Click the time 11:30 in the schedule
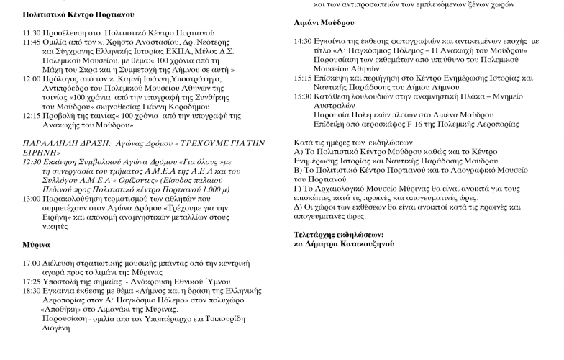pyautogui.click(x=32, y=33)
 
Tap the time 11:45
pyautogui.click(x=32, y=42)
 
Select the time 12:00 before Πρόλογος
pyautogui.click(x=32, y=78)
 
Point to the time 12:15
pyautogui.click(x=32, y=115)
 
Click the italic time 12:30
pyautogui.click(x=32, y=161)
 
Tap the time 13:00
pyautogui.click(x=32, y=198)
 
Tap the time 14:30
pyautogui.click(x=304, y=42)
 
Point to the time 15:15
pyautogui.click(x=304, y=78)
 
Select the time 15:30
pyautogui.click(x=304, y=96)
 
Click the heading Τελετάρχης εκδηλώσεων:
pyautogui.click(x=338, y=235)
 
